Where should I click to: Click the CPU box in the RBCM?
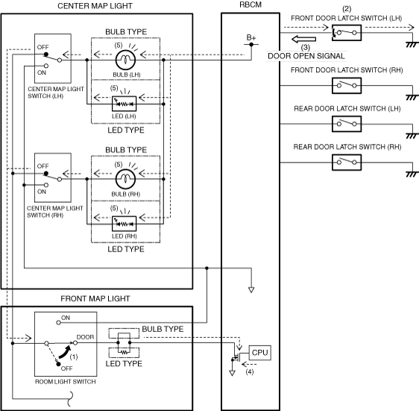click(259, 353)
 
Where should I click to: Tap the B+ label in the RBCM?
click(251, 38)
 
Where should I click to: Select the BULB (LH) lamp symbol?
click(125, 60)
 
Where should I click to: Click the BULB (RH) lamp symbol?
click(125, 179)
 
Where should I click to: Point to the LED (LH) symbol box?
click(124, 104)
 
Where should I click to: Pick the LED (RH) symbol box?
click(124, 223)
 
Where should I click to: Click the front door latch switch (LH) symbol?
click(347, 33)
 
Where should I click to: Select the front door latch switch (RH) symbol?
click(347, 86)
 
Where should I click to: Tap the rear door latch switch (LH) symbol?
click(347, 124)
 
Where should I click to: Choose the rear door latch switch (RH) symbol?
click(347, 162)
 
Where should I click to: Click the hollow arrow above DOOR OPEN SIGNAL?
click(304, 39)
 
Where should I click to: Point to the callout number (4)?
click(250, 371)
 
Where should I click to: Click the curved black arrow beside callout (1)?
click(65, 352)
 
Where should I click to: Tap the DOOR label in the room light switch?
click(85, 337)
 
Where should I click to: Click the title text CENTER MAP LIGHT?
click(95, 6)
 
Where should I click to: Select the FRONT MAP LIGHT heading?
click(95, 298)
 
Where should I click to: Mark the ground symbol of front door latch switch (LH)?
click(412, 45)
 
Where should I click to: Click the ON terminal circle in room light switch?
click(58, 322)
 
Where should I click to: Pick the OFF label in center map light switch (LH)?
click(42, 47)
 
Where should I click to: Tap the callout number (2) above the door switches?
click(347, 9)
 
